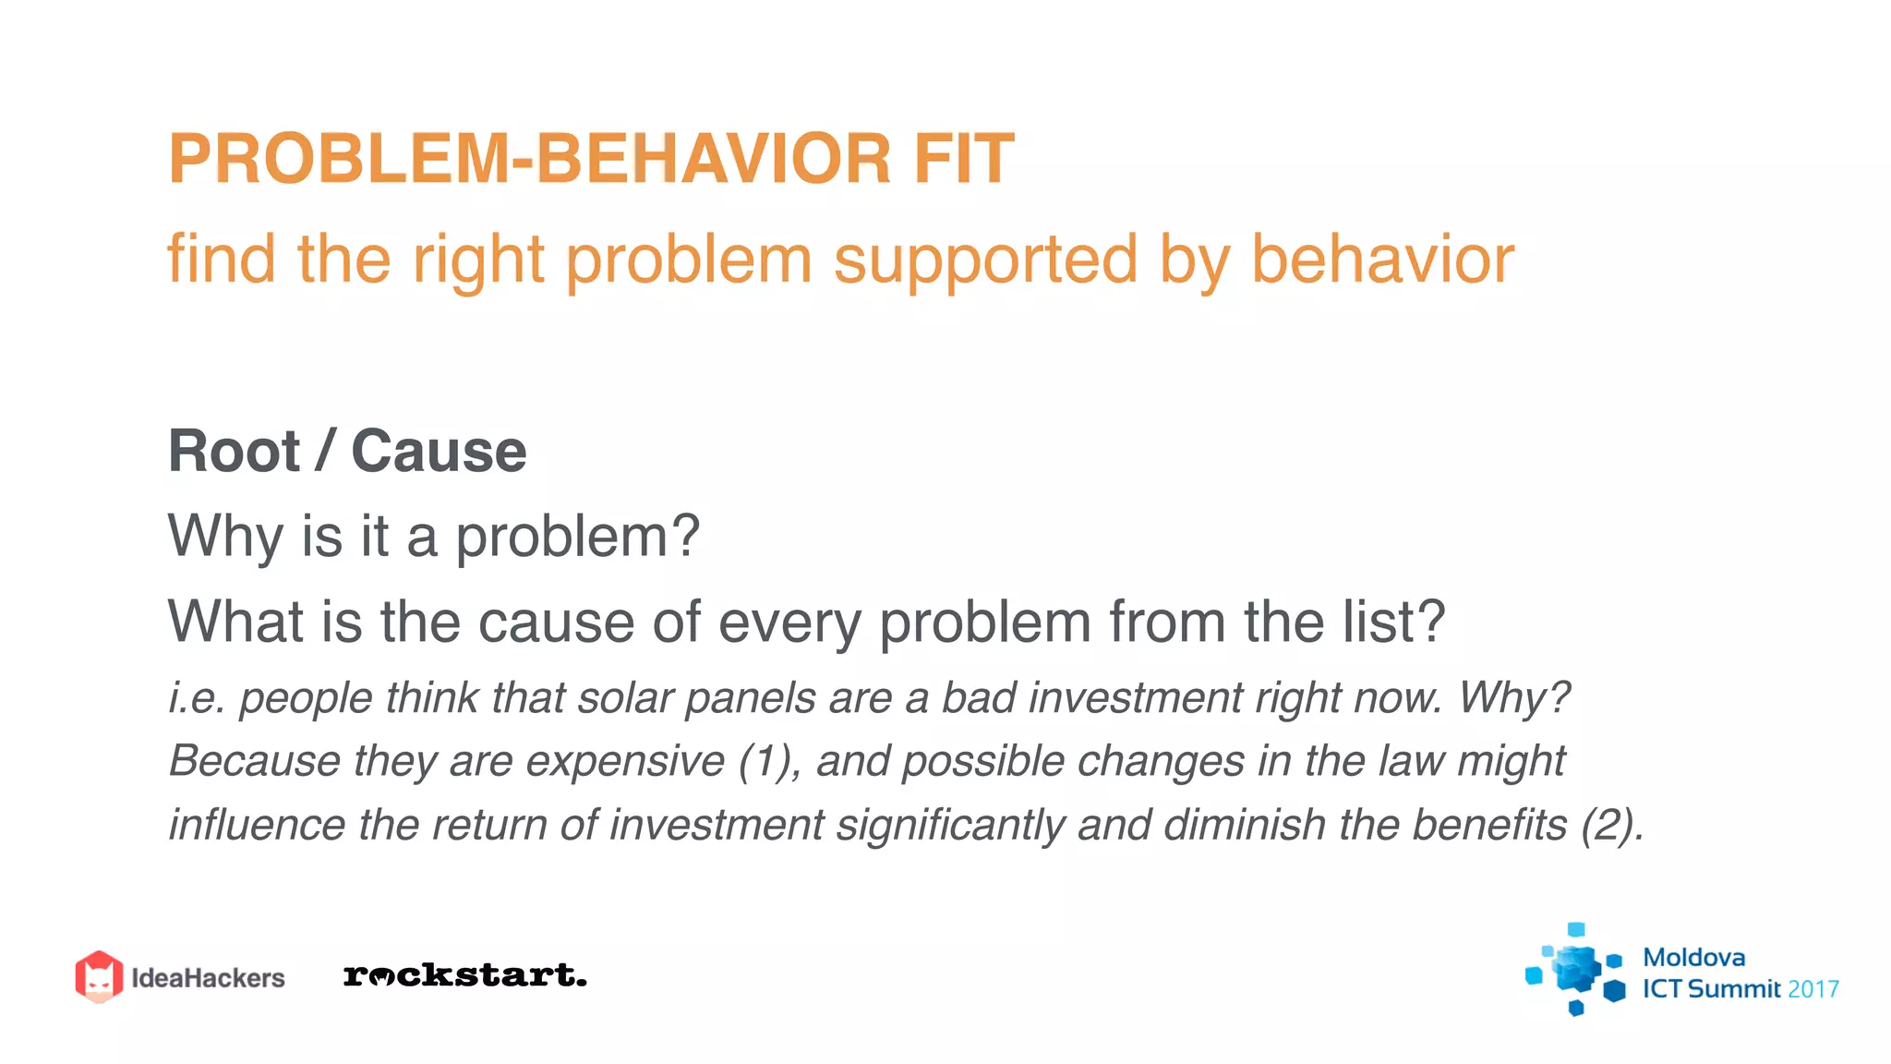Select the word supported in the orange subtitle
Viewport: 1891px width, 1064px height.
point(985,260)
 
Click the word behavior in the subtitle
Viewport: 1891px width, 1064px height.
point(1382,260)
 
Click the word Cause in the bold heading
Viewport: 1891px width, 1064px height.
point(439,452)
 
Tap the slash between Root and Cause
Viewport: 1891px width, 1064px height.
point(324,452)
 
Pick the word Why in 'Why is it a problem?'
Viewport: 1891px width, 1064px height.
point(225,537)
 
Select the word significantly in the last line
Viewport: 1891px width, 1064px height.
point(950,826)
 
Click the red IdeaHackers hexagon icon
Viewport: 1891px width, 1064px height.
point(99,976)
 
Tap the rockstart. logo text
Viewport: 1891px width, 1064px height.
point(464,975)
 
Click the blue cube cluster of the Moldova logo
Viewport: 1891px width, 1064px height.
point(1575,969)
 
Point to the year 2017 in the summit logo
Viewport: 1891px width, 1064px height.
point(1813,989)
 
